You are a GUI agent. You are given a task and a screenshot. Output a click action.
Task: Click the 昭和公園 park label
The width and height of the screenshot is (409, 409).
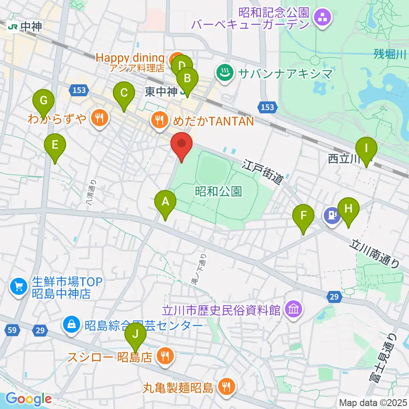(x=219, y=191)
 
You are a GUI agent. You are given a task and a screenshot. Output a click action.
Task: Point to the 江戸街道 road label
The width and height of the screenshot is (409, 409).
(x=263, y=172)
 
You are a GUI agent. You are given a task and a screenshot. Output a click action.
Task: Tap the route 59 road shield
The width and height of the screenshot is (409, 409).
(x=12, y=329)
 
